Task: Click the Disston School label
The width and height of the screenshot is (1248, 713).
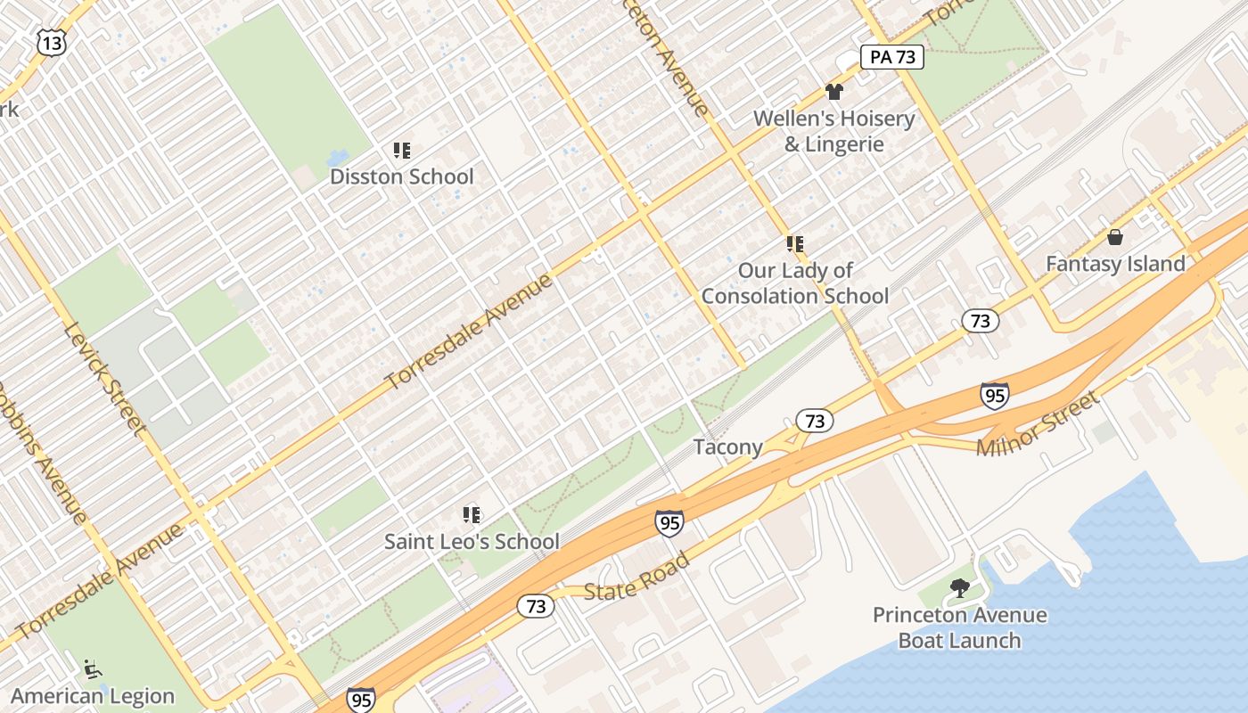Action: (x=401, y=176)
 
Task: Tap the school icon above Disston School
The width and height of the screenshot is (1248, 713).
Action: (x=401, y=151)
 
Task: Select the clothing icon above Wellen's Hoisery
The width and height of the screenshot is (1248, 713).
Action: (x=833, y=91)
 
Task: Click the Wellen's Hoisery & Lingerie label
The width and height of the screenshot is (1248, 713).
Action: (x=833, y=131)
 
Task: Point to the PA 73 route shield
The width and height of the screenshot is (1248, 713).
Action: (x=891, y=58)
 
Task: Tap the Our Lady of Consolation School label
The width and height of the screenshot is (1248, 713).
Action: (x=795, y=283)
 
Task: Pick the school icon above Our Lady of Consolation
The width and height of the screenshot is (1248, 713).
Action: (x=795, y=243)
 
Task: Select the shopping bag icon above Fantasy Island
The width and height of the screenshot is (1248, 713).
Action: (x=1114, y=237)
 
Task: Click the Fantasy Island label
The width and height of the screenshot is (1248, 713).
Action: (x=1114, y=264)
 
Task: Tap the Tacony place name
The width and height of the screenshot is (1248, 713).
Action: (x=727, y=447)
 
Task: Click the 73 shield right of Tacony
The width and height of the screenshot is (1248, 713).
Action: (x=813, y=420)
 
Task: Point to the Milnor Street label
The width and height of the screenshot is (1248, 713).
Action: (x=1038, y=425)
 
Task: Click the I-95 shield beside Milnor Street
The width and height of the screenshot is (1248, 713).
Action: (x=994, y=395)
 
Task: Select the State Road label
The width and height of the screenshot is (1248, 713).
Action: (x=636, y=577)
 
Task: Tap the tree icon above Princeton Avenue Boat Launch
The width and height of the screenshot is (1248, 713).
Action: (x=959, y=588)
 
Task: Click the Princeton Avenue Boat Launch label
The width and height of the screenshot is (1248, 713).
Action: (x=959, y=627)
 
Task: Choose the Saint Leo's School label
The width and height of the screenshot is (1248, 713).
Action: (x=472, y=541)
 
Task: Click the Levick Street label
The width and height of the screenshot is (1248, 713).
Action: (x=105, y=379)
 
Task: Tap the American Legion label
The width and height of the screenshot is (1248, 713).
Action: (x=93, y=696)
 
